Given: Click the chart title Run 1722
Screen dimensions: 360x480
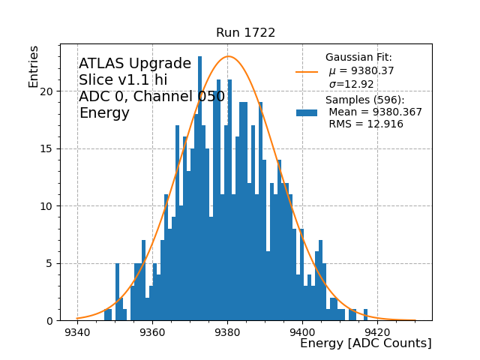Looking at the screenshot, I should pos(245,33).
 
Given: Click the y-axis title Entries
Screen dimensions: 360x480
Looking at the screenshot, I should pos(34,67).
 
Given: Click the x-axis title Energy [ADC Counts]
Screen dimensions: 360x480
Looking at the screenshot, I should pos(365,343).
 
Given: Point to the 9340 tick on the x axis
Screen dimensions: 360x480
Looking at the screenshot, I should pos(77,331).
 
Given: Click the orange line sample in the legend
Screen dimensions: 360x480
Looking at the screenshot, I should pos(307,71).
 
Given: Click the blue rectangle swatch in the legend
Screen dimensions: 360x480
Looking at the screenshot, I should pos(307,112).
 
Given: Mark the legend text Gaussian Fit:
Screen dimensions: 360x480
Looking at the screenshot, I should pos(358,58).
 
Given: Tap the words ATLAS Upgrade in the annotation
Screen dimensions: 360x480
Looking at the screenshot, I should pos(135,64).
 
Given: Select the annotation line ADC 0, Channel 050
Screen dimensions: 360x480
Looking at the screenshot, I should pos(151,97).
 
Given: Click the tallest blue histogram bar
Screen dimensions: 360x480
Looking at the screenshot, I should pos(199,188).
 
